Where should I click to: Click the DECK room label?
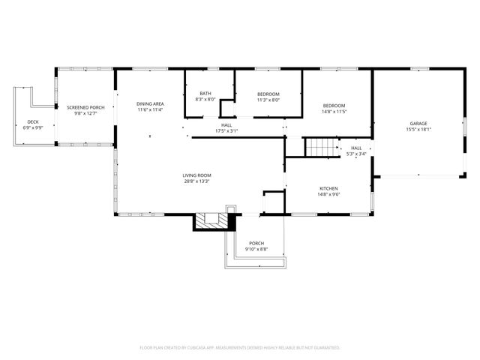[x=33, y=121]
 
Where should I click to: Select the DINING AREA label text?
[x=150, y=103]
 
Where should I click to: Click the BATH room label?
[x=205, y=93]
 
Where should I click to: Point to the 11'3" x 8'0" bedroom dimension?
[x=268, y=100]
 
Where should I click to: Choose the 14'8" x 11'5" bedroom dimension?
[x=334, y=111]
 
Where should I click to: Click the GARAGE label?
[x=418, y=123]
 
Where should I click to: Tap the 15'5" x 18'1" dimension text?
[x=418, y=129]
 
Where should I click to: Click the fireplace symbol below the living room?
[x=214, y=220]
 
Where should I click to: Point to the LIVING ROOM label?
[x=196, y=175]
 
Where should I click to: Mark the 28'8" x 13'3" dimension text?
[x=196, y=181]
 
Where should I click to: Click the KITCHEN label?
[x=328, y=188]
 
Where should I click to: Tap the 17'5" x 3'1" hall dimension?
[x=226, y=131]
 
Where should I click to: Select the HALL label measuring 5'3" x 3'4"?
[x=356, y=148]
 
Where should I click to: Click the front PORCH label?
[x=256, y=243]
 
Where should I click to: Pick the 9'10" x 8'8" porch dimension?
[x=256, y=249]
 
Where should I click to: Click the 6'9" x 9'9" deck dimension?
[x=33, y=127]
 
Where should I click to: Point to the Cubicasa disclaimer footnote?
[x=240, y=348]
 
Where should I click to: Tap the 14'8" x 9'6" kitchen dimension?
[x=328, y=194]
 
